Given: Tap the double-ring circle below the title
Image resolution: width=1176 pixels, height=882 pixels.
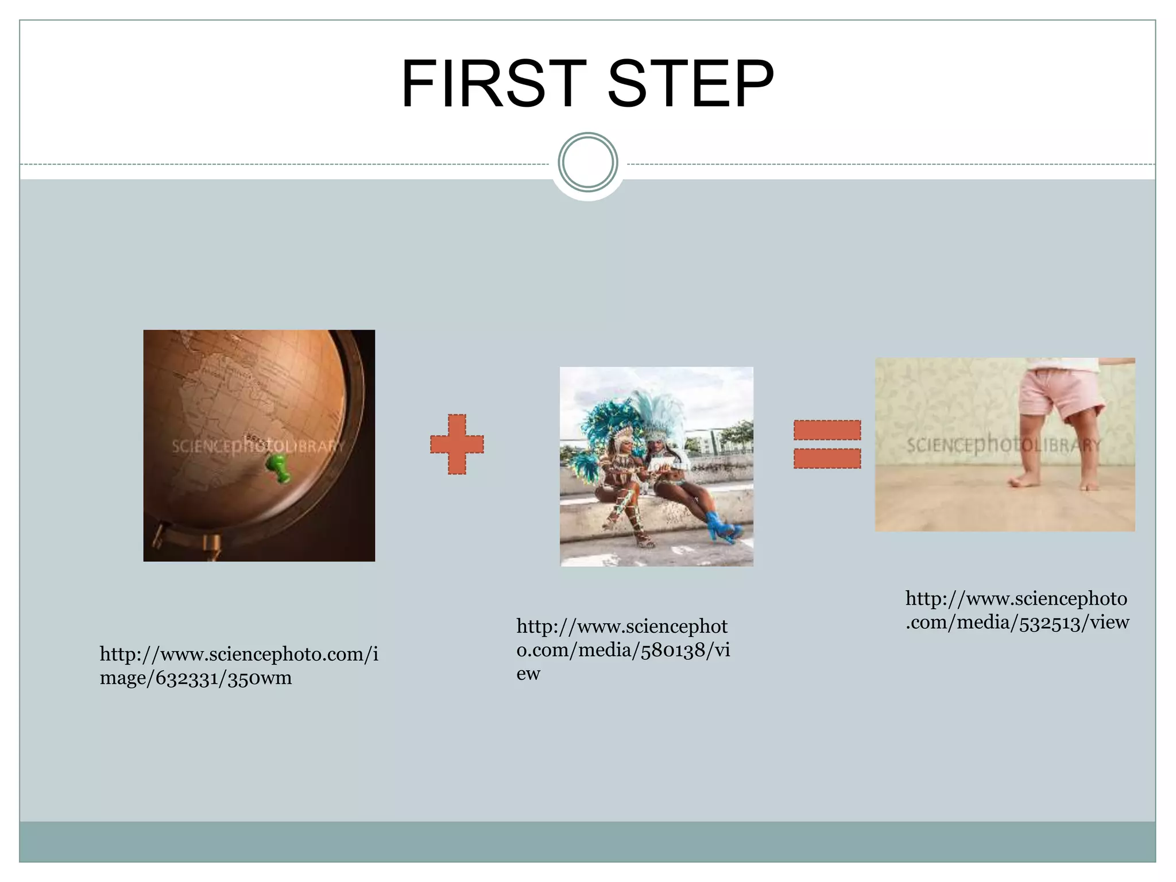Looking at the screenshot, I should (587, 162).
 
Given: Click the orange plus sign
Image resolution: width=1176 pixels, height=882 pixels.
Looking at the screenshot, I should (457, 444).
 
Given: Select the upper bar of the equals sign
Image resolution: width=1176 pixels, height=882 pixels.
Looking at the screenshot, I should (827, 430).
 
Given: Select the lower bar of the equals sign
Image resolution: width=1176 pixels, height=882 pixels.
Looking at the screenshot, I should (827, 458).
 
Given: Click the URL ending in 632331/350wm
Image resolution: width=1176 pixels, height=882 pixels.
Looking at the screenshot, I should (239, 666).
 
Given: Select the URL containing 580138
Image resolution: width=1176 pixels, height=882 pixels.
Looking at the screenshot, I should (623, 649).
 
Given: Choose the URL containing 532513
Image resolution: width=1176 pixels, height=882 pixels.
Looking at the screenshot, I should (1017, 610).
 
